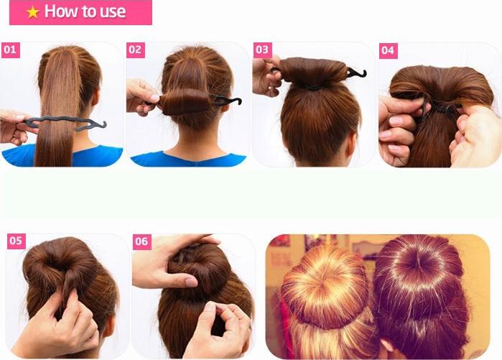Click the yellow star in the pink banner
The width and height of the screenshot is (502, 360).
(x=33, y=12)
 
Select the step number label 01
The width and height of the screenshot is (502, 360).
(x=11, y=50)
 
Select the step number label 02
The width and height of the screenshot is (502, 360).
(x=136, y=50)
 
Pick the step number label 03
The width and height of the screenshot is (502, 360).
(x=263, y=50)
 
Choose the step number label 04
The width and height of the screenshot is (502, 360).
(x=388, y=50)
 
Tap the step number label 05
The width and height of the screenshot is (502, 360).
(x=16, y=241)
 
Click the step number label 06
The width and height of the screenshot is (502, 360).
(x=141, y=241)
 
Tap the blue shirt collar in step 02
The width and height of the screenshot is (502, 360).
(x=188, y=160)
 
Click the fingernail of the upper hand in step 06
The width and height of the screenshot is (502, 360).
(x=192, y=282)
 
